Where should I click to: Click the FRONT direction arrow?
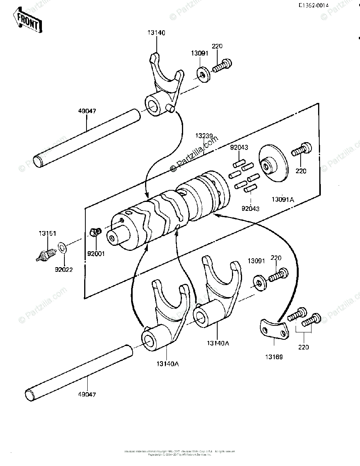click(x=27, y=21)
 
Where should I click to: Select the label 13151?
click(x=47, y=233)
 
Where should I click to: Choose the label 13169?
click(x=273, y=356)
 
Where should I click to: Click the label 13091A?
click(x=283, y=199)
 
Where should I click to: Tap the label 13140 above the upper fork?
click(x=156, y=33)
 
